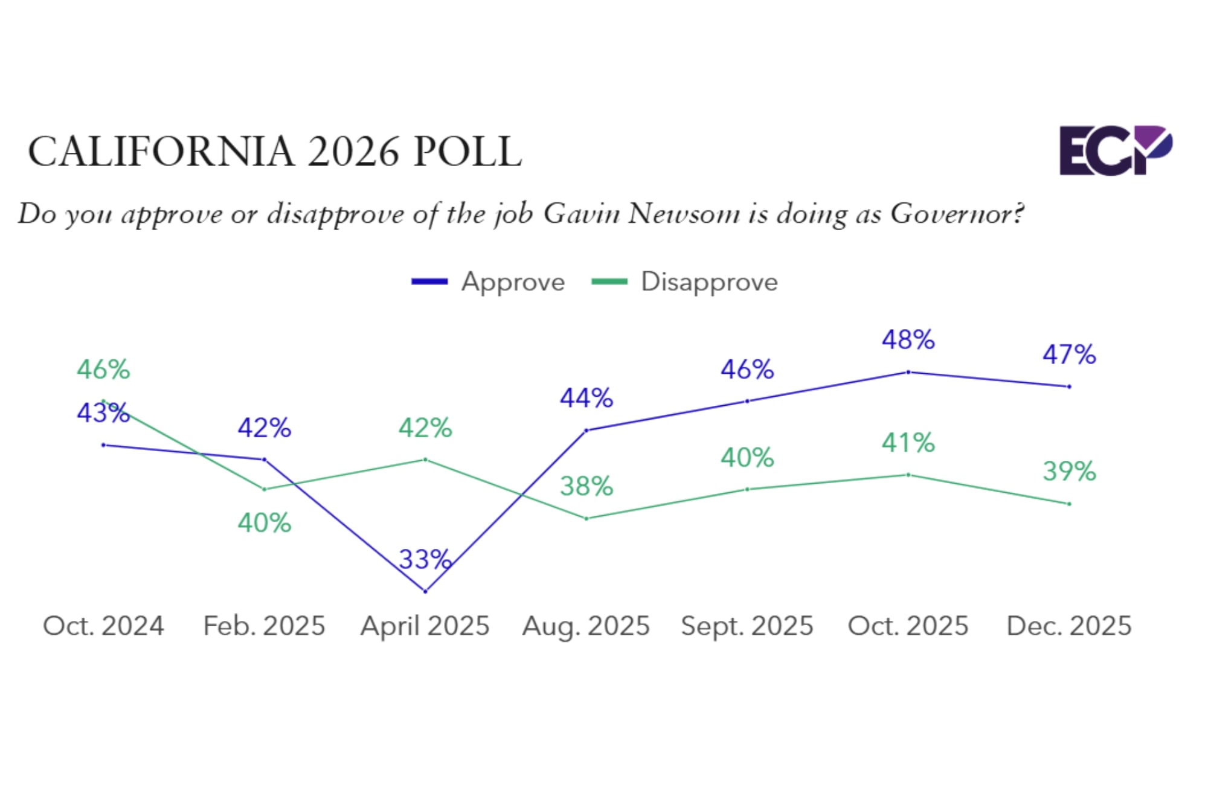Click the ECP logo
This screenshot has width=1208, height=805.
[1115, 150]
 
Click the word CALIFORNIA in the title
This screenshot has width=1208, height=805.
[161, 152]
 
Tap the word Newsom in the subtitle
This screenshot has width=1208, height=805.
[684, 214]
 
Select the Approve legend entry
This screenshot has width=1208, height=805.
[489, 282]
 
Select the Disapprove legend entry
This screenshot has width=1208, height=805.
[685, 282]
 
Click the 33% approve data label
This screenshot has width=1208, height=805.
[425, 560]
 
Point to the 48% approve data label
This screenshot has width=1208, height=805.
[908, 340]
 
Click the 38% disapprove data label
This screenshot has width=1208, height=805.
[586, 486]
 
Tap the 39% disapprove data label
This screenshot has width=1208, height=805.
[1069, 472]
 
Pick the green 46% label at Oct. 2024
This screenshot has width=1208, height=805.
[103, 370]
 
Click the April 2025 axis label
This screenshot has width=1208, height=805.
[425, 626]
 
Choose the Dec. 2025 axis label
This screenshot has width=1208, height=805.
[1068, 626]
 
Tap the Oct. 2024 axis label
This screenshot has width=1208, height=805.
[103, 626]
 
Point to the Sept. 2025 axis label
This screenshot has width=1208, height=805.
[747, 626]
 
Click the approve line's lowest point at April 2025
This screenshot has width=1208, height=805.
[425, 591]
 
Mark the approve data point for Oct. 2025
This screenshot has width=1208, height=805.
[908, 372]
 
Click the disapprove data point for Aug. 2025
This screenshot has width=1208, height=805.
[586, 518]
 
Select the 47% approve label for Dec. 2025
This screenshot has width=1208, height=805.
[1069, 354]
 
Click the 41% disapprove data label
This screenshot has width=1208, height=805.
[908, 443]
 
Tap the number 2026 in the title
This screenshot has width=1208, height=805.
[353, 152]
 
